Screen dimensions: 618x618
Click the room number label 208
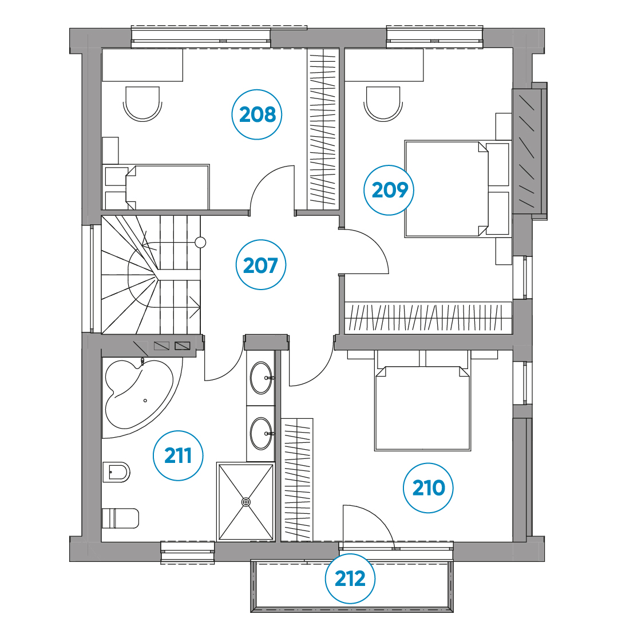tap(256, 114)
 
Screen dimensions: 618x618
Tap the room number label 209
tap(389, 190)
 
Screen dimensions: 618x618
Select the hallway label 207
tap(260, 265)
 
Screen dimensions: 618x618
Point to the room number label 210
tap(428, 488)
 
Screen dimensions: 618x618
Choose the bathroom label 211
tap(178, 455)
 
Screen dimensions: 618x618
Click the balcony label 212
tap(350, 579)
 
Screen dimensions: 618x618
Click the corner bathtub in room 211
tap(138, 394)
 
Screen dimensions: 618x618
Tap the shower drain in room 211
tap(245, 502)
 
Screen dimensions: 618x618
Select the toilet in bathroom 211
tap(120, 518)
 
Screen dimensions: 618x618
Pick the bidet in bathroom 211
tap(116, 472)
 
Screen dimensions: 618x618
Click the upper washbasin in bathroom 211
tap(262, 378)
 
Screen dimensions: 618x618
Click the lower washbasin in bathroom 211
tap(262, 434)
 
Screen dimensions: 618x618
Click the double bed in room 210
tap(422, 409)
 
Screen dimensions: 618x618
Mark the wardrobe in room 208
tap(323, 129)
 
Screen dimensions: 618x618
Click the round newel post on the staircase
tap(200, 243)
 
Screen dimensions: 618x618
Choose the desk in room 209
tap(384, 65)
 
